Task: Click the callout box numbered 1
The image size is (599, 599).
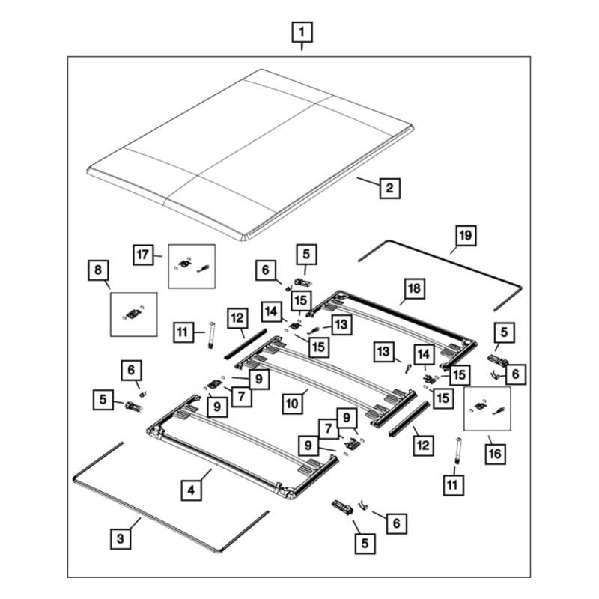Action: pos(302,32)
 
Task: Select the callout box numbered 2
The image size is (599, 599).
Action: pos(389,188)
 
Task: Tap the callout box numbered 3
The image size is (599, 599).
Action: pos(121,538)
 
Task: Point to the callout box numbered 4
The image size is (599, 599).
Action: pos(191,490)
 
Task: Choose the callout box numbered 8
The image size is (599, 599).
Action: pos(98,270)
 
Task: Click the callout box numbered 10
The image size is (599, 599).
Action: pos(292,404)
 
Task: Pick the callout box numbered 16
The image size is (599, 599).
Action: pos(495,454)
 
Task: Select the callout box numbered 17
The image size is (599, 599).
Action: pos(143,255)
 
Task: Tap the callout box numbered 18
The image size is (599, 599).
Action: pos(414,288)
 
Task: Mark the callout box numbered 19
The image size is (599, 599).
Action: pos(466,235)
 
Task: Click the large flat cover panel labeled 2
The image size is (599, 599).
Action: pos(250,155)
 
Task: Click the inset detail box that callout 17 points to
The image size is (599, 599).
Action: pos(192,267)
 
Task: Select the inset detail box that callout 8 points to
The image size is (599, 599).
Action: pos(134,314)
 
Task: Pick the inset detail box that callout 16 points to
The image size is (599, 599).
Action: pos(487,409)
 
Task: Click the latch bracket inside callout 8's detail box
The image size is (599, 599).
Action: pos(133,314)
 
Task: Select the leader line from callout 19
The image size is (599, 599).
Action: pos(456,249)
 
